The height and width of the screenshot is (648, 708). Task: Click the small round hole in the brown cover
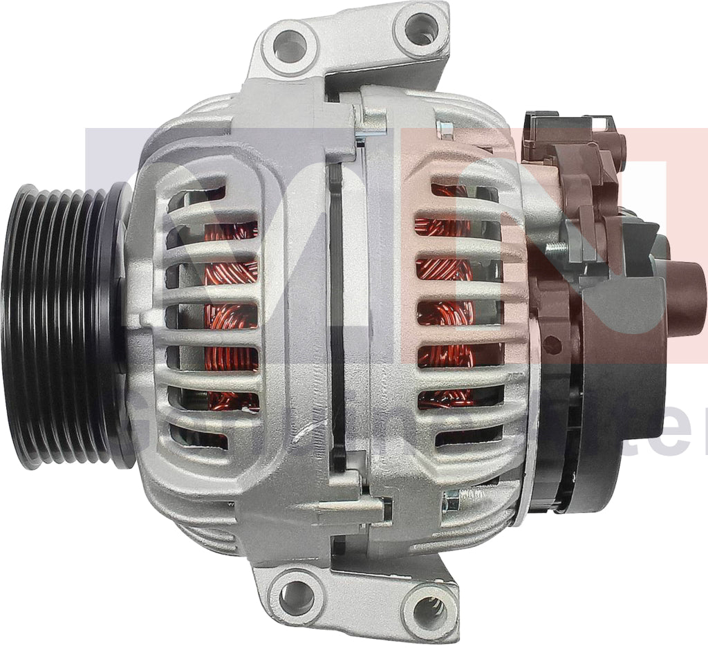(x=550, y=340)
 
